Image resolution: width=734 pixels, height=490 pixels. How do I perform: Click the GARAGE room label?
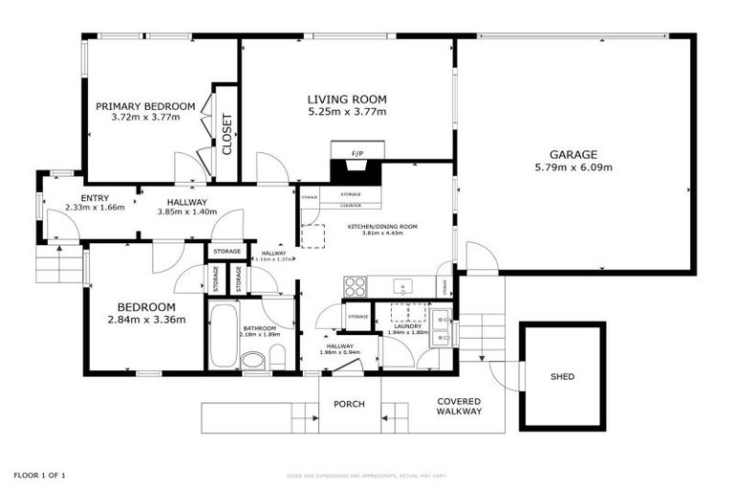tap(573, 154)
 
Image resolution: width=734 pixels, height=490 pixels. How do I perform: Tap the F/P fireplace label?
tap(357, 153)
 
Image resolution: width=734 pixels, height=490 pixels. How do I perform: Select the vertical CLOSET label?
tap(227, 134)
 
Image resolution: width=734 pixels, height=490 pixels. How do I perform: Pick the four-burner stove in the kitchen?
tap(355, 286)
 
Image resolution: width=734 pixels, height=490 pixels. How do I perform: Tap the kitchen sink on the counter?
tap(404, 285)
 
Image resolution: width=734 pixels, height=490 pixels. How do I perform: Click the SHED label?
tap(562, 376)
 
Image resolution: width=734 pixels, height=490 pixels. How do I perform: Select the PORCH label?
tap(349, 404)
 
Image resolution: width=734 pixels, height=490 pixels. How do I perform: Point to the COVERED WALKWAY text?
tap(459, 407)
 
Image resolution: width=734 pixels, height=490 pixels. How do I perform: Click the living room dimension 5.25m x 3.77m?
tap(347, 112)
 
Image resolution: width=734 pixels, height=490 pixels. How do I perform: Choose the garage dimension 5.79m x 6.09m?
tap(573, 167)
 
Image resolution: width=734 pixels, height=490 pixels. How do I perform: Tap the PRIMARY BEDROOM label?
tap(145, 106)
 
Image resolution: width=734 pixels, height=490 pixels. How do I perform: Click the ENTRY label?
tap(95, 197)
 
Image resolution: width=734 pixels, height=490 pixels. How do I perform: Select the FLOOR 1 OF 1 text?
tap(39, 475)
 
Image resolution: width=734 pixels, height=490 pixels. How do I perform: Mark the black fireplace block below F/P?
tap(356, 172)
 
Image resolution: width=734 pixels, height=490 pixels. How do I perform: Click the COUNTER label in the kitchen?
tap(351, 205)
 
